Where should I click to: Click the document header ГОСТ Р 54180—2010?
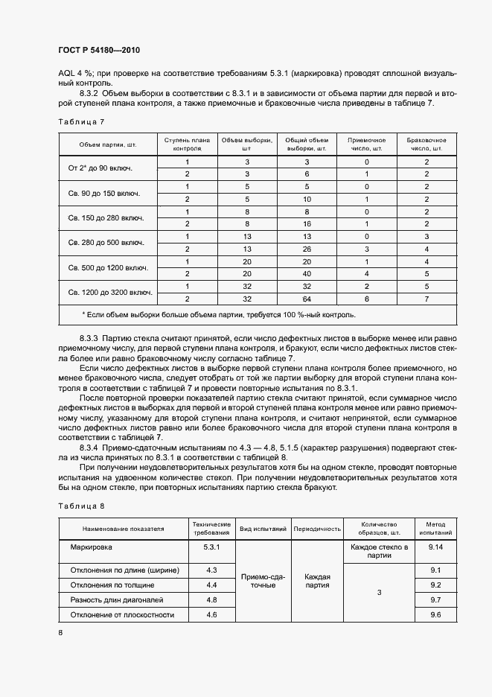[x=98, y=51]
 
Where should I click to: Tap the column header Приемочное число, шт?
[x=366, y=144]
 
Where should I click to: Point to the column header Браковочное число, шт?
[x=426, y=144]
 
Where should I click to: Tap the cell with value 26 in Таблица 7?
[x=306, y=249]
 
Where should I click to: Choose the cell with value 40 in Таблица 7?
[x=306, y=273]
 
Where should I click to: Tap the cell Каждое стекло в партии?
[x=380, y=551]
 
